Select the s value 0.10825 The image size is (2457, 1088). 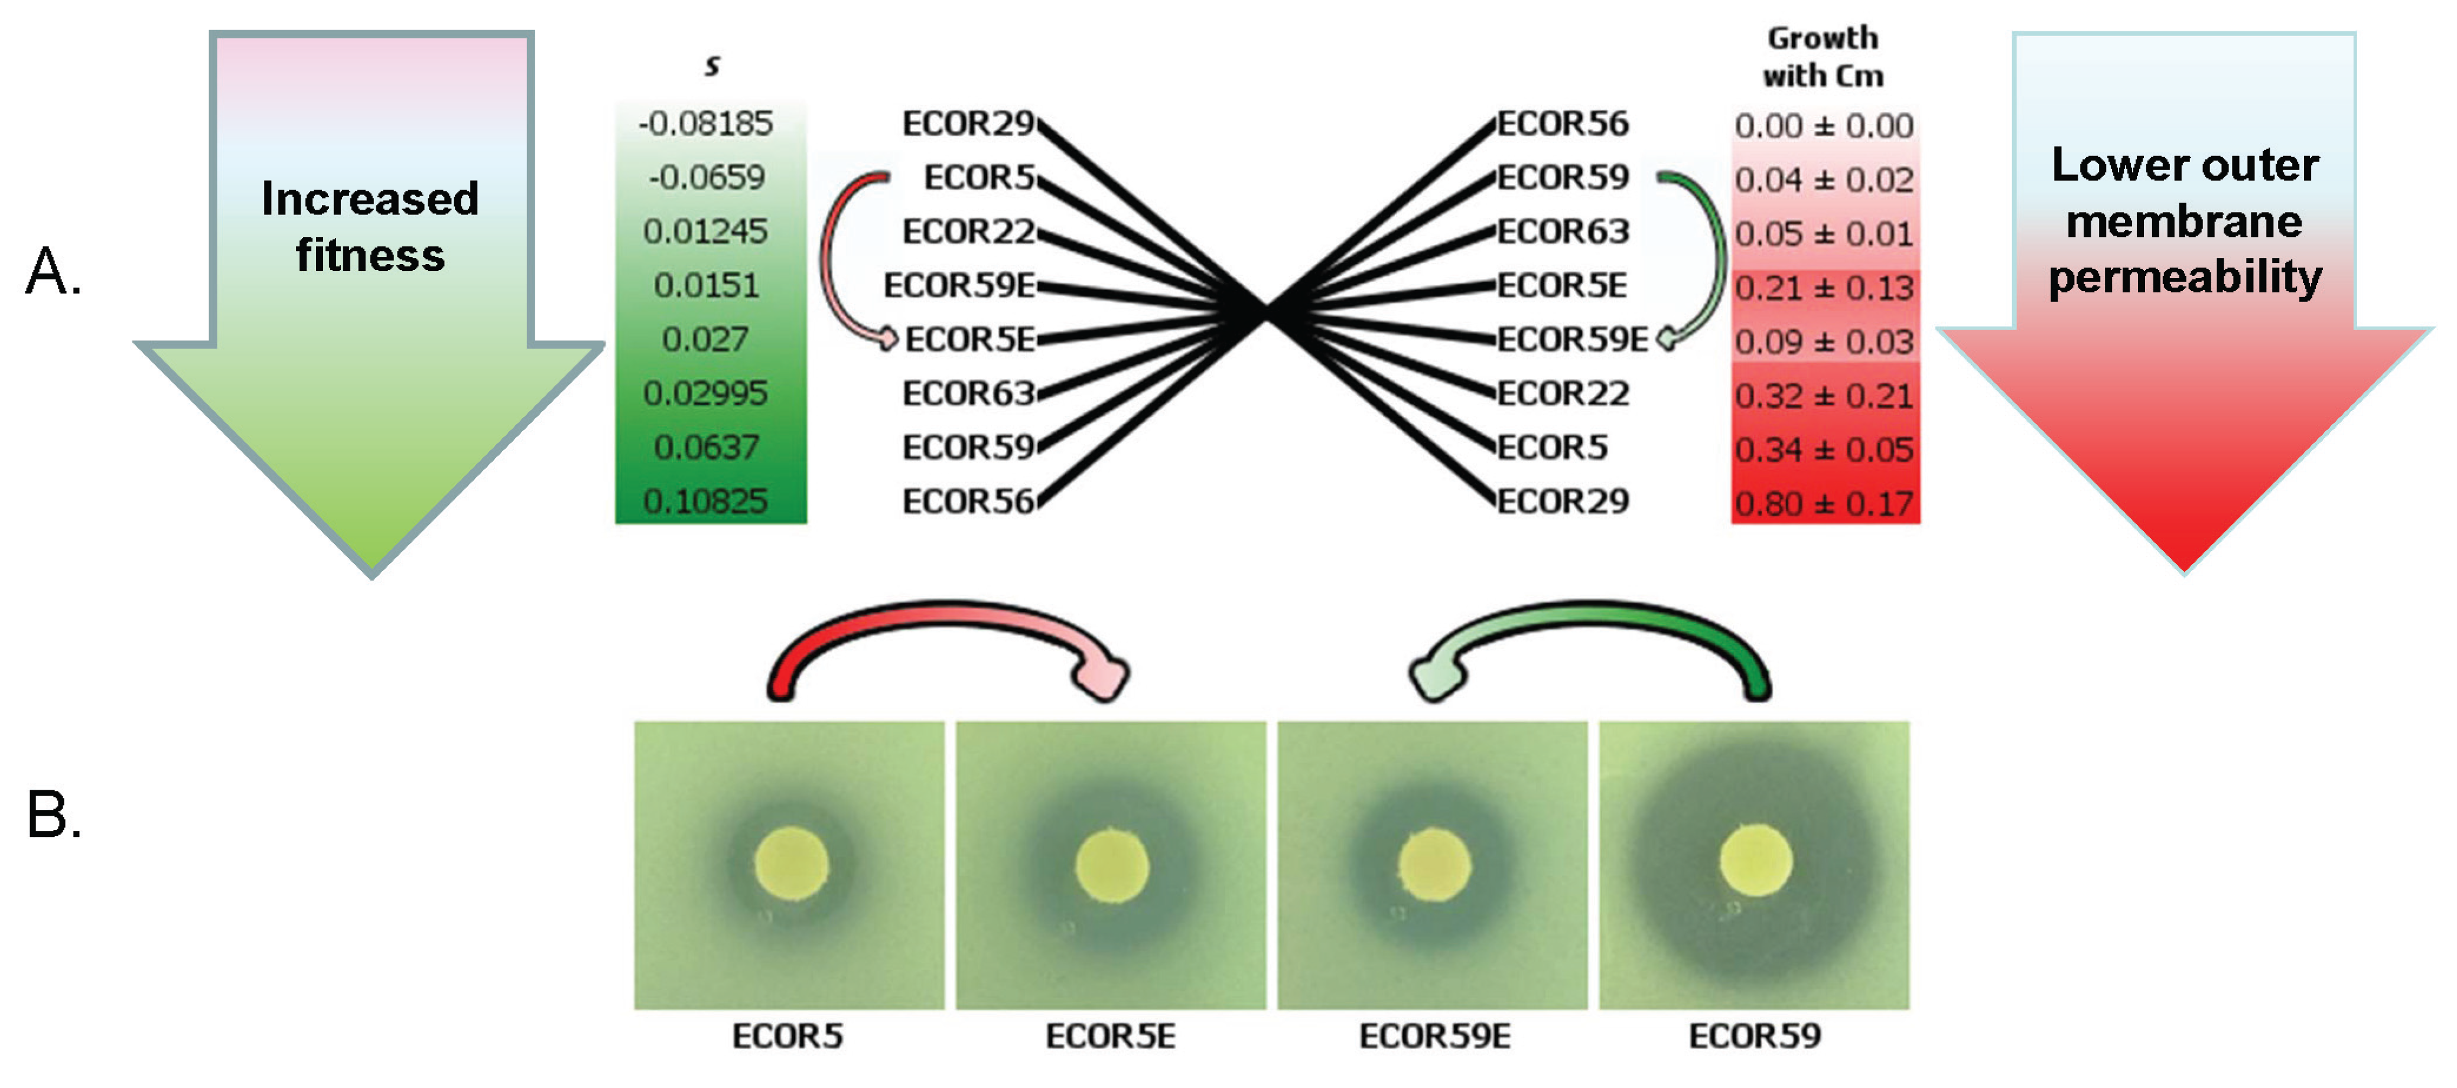(x=706, y=501)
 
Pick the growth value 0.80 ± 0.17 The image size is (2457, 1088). (x=1824, y=503)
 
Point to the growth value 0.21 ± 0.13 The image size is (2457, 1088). (x=1824, y=287)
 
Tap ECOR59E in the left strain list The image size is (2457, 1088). (x=959, y=285)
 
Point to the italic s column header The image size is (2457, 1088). (x=711, y=65)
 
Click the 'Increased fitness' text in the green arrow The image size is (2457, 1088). (x=370, y=227)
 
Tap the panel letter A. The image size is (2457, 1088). (x=53, y=272)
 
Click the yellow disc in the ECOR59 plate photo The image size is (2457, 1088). (x=1755, y=860)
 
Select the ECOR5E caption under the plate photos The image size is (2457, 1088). (x=1110, y=1035)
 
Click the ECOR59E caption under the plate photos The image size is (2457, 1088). (x=1434, y=1035)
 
